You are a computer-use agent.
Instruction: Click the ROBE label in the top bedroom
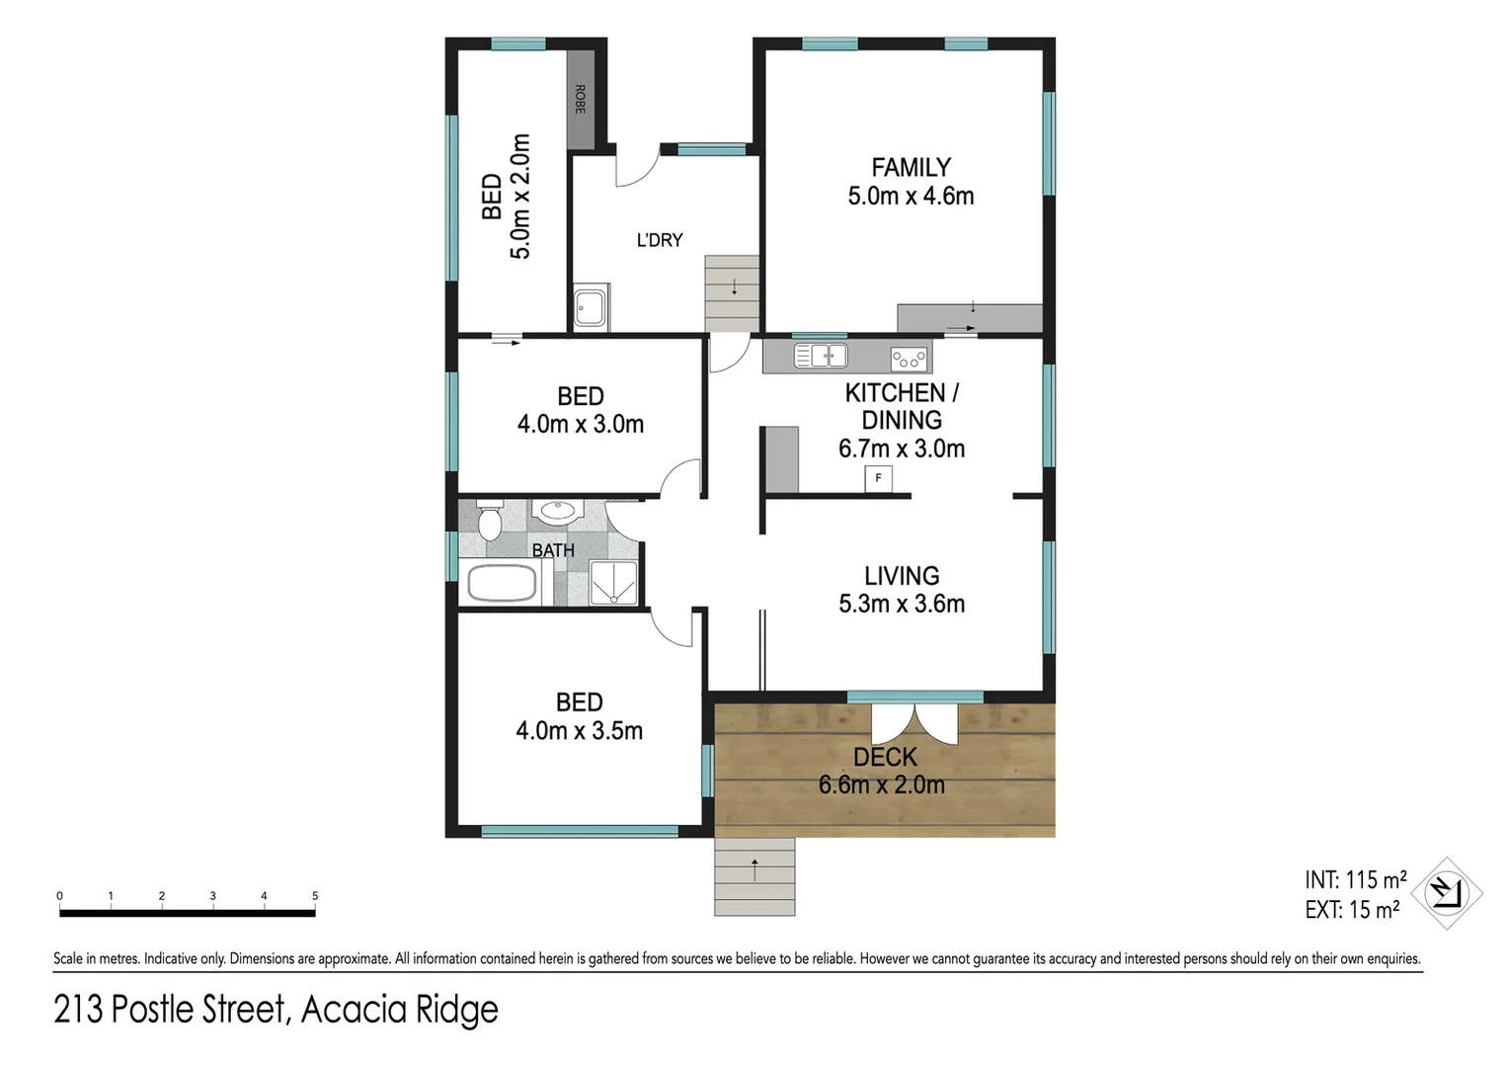click(x=580, y=99)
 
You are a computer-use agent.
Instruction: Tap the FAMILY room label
click(x=911, y=168)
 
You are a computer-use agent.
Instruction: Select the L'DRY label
click(x=660, y=240)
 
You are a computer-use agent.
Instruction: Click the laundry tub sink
click(x=592, y=307)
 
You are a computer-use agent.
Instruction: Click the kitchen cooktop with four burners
click(x=909, y=358)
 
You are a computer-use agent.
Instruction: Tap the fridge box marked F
click(x=878, y=479)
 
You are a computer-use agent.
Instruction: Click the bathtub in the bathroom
click(x=502, y=584)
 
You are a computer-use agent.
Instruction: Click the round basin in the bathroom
click(x=558, y=512)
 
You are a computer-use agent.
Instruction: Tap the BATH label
click(x=553, y=550)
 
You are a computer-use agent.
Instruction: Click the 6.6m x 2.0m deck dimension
click(x=881, y=785)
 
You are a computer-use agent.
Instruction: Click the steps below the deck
click(x=754, y=876)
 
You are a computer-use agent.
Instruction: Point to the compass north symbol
click(x=1447, y=893)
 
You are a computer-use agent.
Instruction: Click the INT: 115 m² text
click(x=1355, y=879)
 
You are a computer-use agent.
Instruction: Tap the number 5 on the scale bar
click(x=315, y=896)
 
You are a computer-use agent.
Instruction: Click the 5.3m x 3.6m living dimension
click(x=902, y=604)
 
